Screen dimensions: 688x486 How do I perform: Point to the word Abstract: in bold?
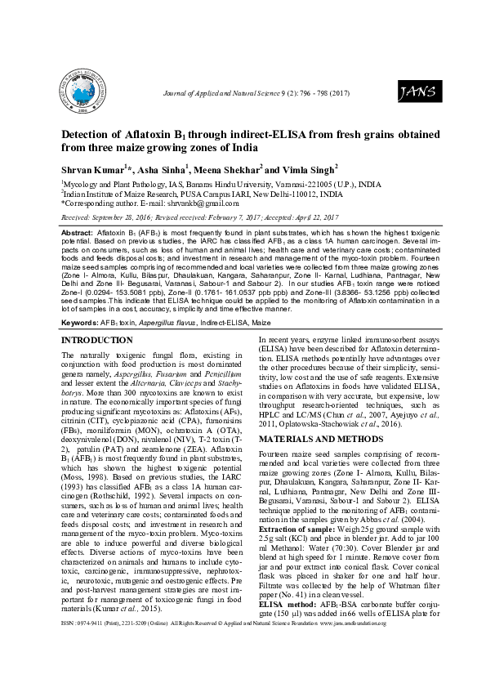click(77, 233)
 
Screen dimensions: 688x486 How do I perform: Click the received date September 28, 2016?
click(124, 219)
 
